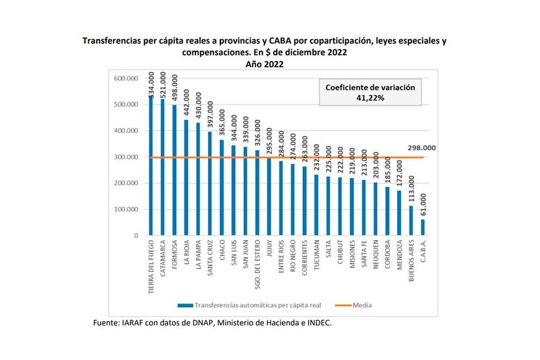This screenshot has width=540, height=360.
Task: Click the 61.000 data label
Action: (423, 204)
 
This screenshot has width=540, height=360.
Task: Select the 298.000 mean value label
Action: (421, 148)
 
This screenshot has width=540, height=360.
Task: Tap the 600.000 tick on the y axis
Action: (126, 79)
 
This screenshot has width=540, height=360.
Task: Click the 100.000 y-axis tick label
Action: (126, 210)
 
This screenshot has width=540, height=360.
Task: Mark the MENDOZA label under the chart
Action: (398, 259)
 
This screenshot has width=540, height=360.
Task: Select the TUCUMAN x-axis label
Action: (316, 259)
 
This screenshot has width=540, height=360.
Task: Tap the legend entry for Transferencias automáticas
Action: (258, 305)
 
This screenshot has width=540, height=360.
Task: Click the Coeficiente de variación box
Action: (371, 92)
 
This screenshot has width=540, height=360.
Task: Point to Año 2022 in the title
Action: (264, 64)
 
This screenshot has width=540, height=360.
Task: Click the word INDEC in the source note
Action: (320, 322)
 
